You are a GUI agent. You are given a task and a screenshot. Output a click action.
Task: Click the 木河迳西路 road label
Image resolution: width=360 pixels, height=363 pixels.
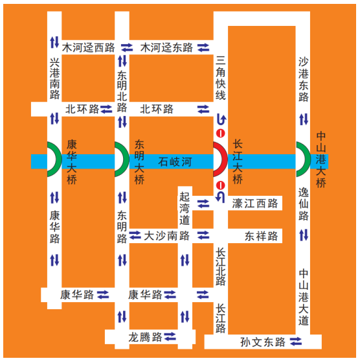89,47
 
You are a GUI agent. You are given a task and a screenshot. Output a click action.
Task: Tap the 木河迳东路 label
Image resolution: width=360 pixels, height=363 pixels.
166,47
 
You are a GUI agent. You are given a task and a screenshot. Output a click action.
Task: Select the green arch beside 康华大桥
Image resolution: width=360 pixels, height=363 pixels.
51,159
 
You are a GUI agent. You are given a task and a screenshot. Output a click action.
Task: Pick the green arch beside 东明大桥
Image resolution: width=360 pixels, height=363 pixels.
118,159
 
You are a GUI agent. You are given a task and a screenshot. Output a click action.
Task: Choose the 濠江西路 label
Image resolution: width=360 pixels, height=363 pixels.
254,204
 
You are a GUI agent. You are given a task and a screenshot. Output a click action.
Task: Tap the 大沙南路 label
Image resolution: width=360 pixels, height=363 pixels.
166,235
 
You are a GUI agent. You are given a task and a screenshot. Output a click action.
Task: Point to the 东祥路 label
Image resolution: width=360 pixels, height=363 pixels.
261,236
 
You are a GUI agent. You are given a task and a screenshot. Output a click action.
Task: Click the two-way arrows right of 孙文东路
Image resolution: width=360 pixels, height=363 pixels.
296,342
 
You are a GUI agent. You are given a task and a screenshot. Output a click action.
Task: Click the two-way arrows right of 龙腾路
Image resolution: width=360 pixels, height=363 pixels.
171,336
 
